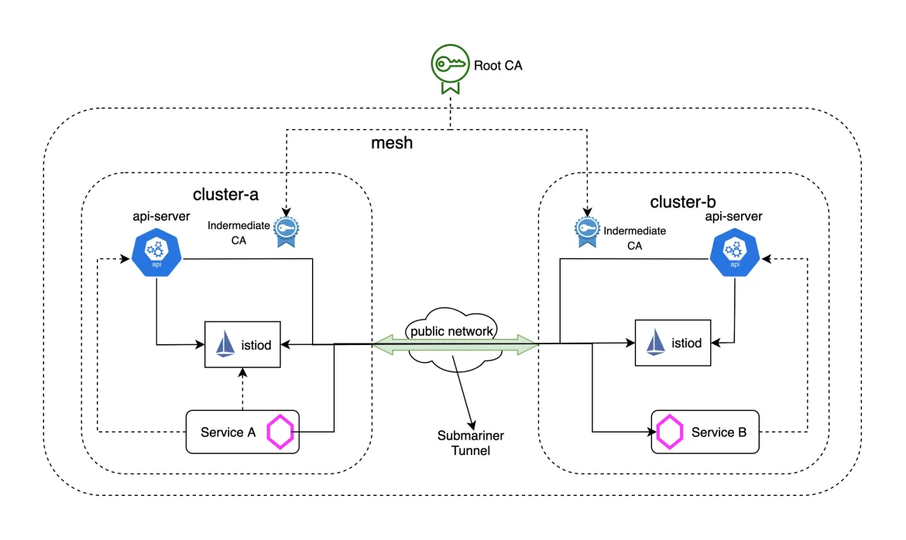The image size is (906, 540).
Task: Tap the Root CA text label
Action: pyautogui.click(x=498, y=66)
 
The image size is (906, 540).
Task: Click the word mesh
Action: pyautogui.click(x=391, y=142)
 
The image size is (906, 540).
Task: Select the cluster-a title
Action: pyautogui.click(x=225, y=194)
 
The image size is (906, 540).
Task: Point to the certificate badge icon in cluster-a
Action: pyautogui.click(x=287, y=231)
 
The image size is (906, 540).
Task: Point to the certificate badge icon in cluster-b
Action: pyautogui.click(x=586, y=231)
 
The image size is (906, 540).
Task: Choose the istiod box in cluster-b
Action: pyautogui.click(x=672, y=343)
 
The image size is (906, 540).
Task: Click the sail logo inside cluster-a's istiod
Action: pyautogui.click(x=225, y=344)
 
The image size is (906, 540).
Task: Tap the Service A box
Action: pyautogui.click(x=242, y=432)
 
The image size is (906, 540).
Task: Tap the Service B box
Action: pyautogui.click(x=705, y=432)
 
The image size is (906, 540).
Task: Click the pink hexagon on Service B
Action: pyautogui.click(x=667, y=432)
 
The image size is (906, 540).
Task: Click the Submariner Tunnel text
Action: pyautogui.click(x=465, y=443)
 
